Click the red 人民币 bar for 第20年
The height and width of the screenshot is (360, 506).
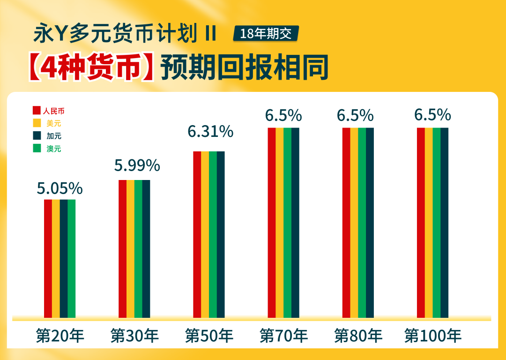click(48, 258)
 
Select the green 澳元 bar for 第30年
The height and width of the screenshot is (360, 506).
click(138, 248)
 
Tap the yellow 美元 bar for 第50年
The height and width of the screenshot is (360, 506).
click(205, 234)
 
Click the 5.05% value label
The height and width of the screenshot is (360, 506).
click(60, 188)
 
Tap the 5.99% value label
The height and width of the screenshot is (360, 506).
click(137, 165)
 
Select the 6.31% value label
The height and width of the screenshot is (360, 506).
click(210, 132)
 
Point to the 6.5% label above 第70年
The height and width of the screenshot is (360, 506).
click(283, 115)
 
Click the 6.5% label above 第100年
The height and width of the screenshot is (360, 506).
click(432, 115)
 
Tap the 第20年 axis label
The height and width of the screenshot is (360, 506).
click(60, 336)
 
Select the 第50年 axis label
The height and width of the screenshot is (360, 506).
click(209, 336)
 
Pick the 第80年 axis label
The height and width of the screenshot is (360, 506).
click(358, 336)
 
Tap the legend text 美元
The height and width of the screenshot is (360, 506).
click(54, 124)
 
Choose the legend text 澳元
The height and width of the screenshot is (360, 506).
click(54, 149)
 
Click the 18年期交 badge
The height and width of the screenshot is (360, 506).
click(265, 34)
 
